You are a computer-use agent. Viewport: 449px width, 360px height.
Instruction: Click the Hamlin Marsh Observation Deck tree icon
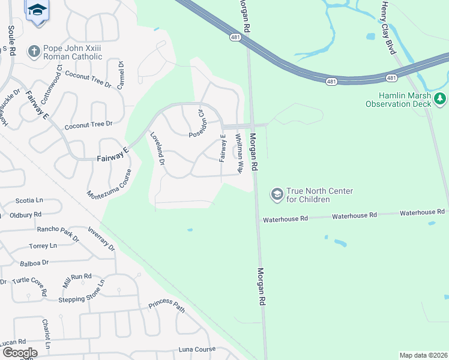point(441,98)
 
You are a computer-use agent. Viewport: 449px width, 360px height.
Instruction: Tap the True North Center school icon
point(277,193)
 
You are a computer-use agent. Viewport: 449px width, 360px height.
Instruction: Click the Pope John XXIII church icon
point(34,52)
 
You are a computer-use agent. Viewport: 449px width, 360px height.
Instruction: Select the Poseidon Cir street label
point(197,123)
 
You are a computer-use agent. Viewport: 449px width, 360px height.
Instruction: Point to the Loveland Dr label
point(157,148)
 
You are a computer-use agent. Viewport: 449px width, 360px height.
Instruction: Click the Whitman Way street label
point(240,154)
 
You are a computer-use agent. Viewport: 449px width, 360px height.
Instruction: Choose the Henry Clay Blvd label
point(388,27)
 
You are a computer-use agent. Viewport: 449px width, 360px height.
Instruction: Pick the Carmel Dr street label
point(121,75)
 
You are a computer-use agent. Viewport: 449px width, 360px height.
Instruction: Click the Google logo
point(19,352)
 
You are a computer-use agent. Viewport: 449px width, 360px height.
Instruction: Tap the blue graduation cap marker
point(37,10)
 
